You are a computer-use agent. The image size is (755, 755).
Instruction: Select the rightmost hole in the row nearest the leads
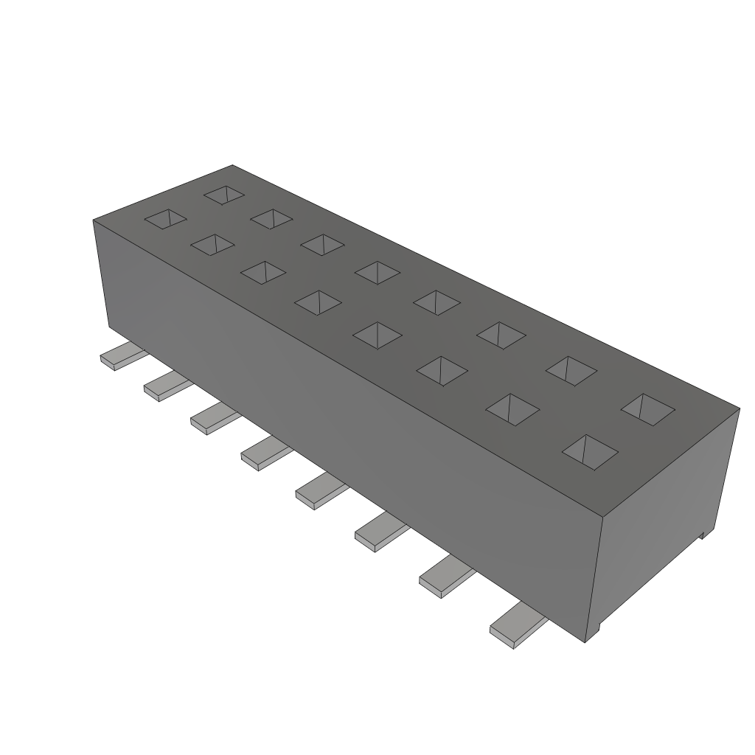point(589,451)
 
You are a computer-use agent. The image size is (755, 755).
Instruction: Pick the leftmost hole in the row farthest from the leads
point(225,194)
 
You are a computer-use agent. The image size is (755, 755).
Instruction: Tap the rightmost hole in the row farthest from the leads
point(648,409)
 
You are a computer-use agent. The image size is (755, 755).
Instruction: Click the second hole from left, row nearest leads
point(213,245)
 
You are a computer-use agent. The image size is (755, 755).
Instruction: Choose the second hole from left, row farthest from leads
point(272,218)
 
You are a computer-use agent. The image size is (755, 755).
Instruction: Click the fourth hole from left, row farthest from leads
point(377,272)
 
